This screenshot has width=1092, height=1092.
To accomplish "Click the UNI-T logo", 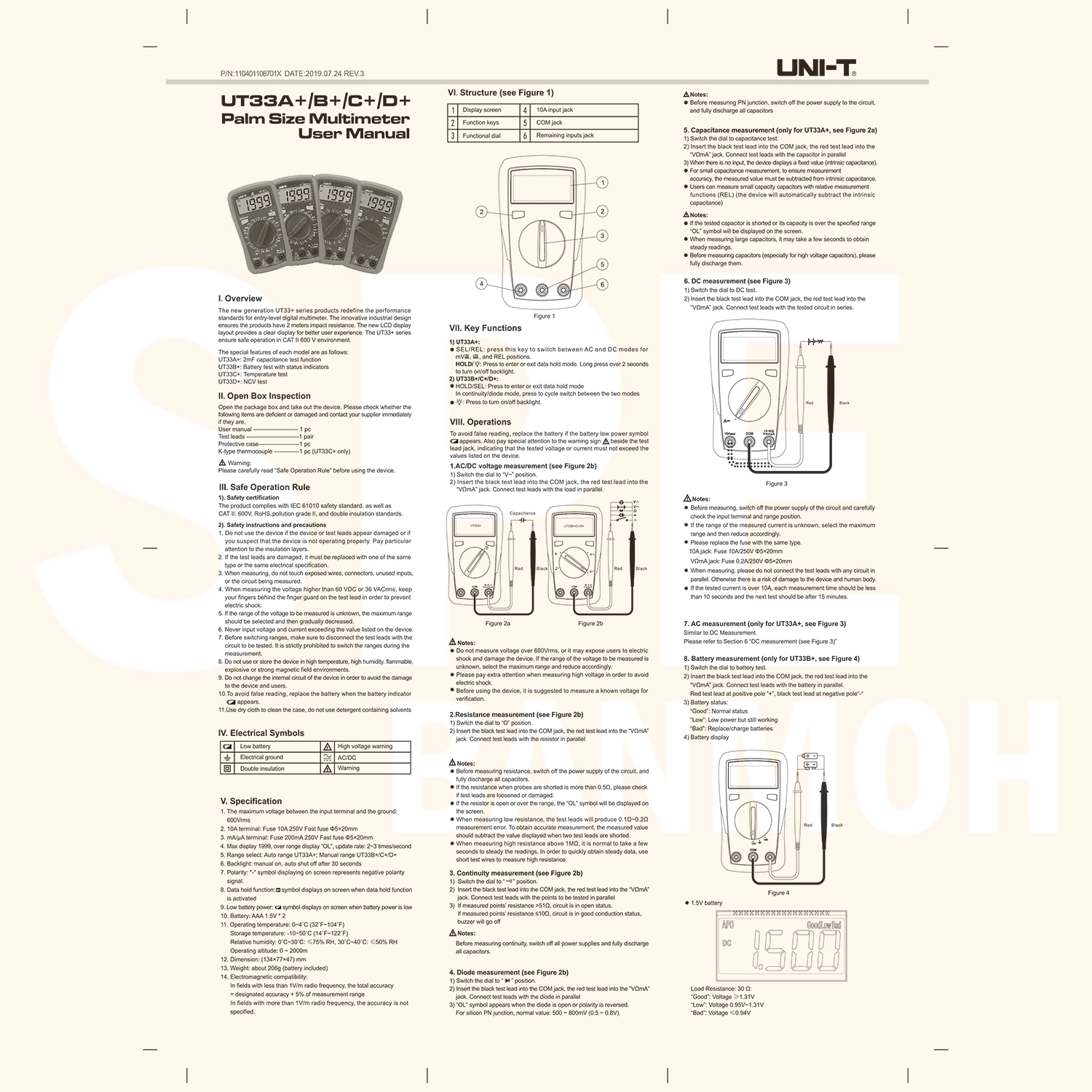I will click(x=815, y=68).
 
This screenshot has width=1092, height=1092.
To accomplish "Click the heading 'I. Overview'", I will click(x=240, y=298).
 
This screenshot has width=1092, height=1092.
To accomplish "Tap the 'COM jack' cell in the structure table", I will click(x=549, y=123).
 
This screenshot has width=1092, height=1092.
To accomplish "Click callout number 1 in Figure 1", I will click(x=602, y=182).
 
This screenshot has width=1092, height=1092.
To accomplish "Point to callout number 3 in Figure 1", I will click(x=602, y=236).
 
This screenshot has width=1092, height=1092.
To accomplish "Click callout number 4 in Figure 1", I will click(x=481, y=284).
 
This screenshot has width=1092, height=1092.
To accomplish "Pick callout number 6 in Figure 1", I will click(x=602, y=284).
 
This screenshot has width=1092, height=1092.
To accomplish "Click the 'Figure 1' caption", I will click(x=544, y=316).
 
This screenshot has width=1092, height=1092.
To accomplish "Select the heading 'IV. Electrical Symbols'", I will click(x=261, y=733).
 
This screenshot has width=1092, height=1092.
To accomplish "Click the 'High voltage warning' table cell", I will click(x=365, y=746).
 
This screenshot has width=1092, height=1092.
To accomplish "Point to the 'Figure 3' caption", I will click(x=776, y=483).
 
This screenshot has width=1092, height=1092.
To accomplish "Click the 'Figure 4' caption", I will click(x=778, y=893).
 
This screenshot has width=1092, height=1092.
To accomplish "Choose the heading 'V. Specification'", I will click(x=251, y=801).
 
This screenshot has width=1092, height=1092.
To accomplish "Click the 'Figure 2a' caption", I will click(x=498, y=623).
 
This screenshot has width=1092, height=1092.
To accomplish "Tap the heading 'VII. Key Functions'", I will click(x=486, y=328).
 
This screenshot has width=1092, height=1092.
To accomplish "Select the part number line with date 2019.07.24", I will click(x=292, y=74).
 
